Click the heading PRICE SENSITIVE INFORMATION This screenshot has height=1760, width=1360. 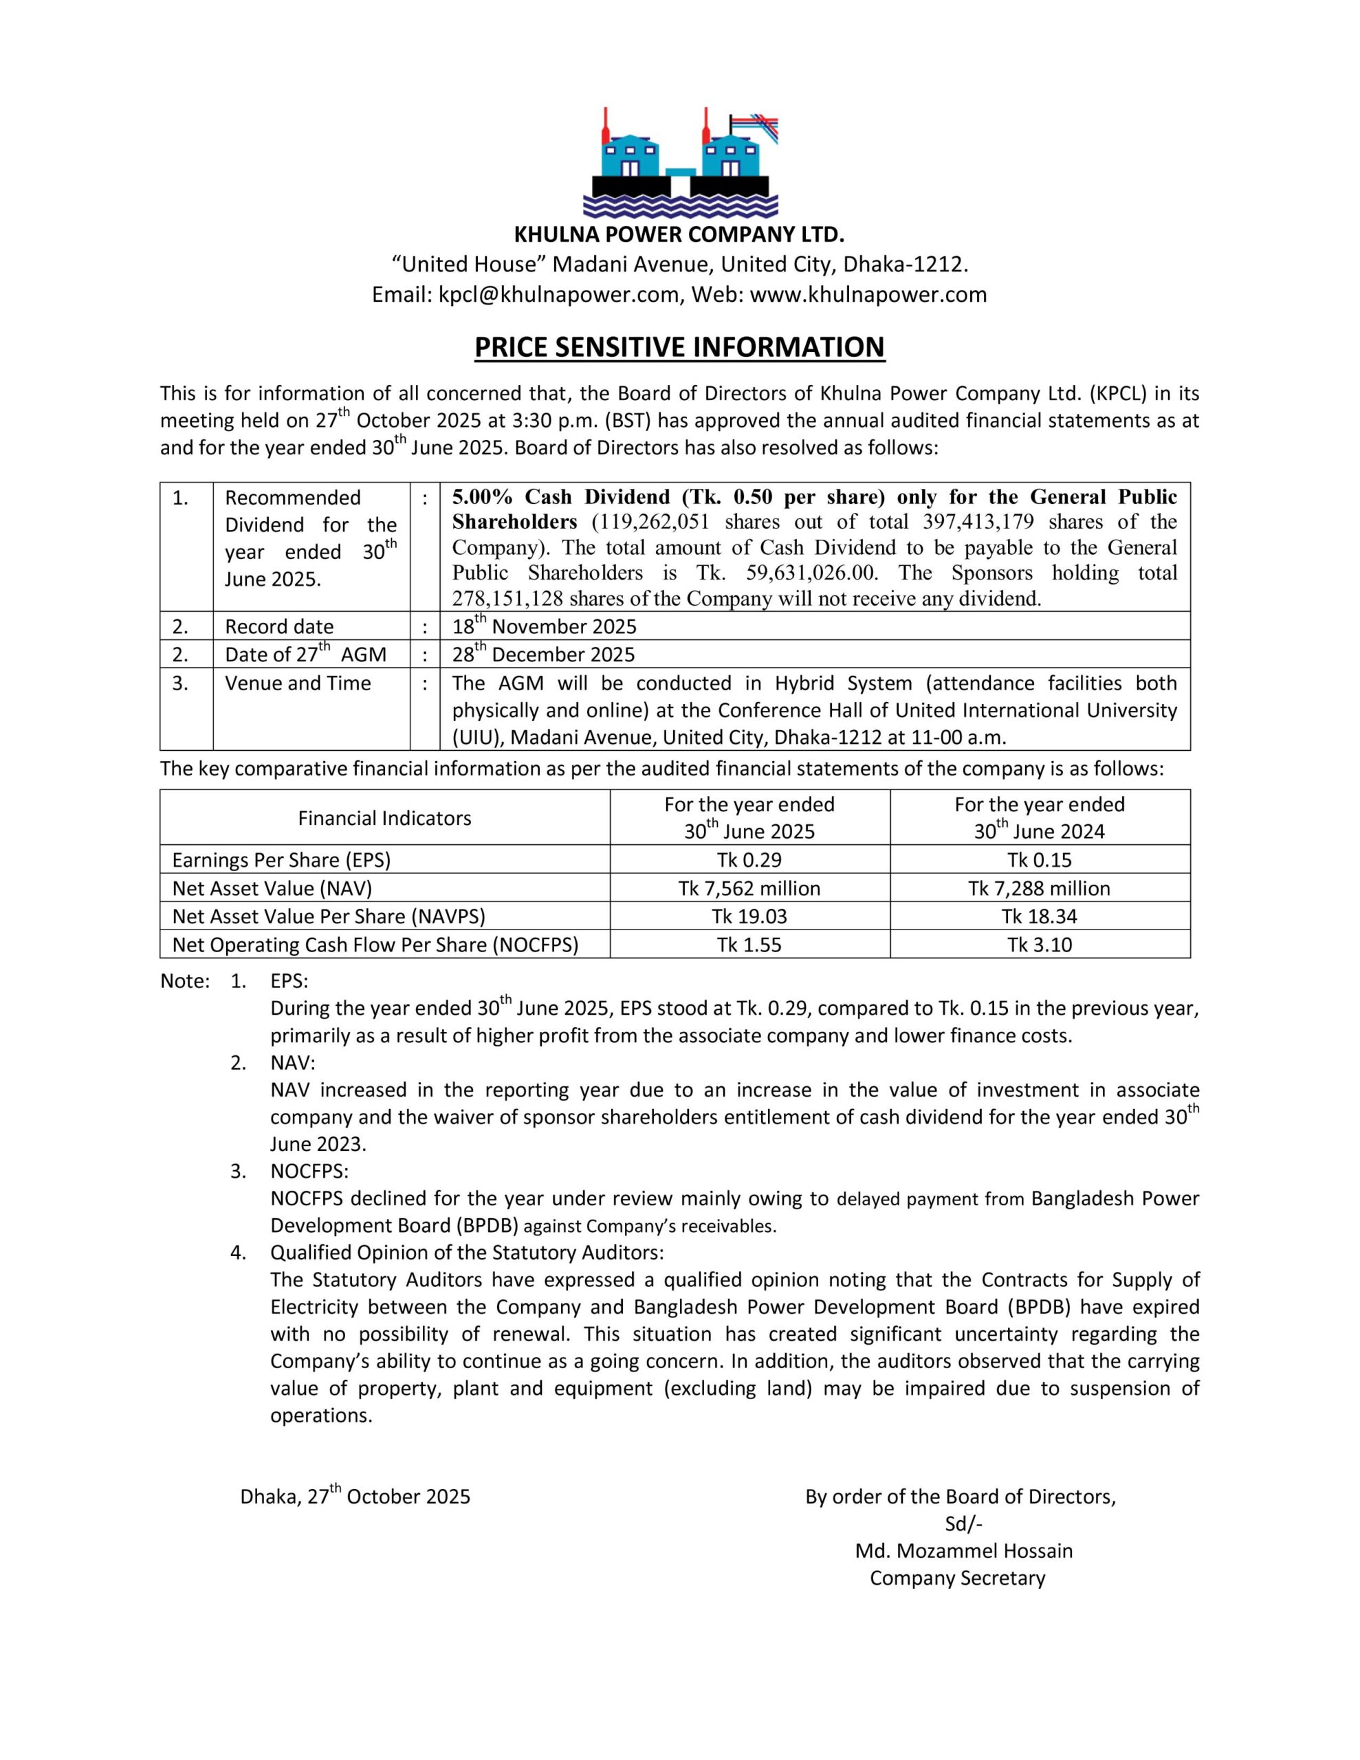coord(679,347)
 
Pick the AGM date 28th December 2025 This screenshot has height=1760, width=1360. coord(543,654)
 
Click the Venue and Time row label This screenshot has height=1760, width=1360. coord(298,683)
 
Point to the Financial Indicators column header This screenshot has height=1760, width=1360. coord(384,818)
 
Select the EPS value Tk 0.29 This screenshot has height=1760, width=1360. coord(749,860)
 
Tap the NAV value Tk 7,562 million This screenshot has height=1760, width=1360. coord(749,888)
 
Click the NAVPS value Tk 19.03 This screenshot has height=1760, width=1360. coord(749,916)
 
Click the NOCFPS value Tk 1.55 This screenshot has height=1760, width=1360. coord(749,945)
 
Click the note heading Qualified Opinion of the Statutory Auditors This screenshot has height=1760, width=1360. coord(467,1253)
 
